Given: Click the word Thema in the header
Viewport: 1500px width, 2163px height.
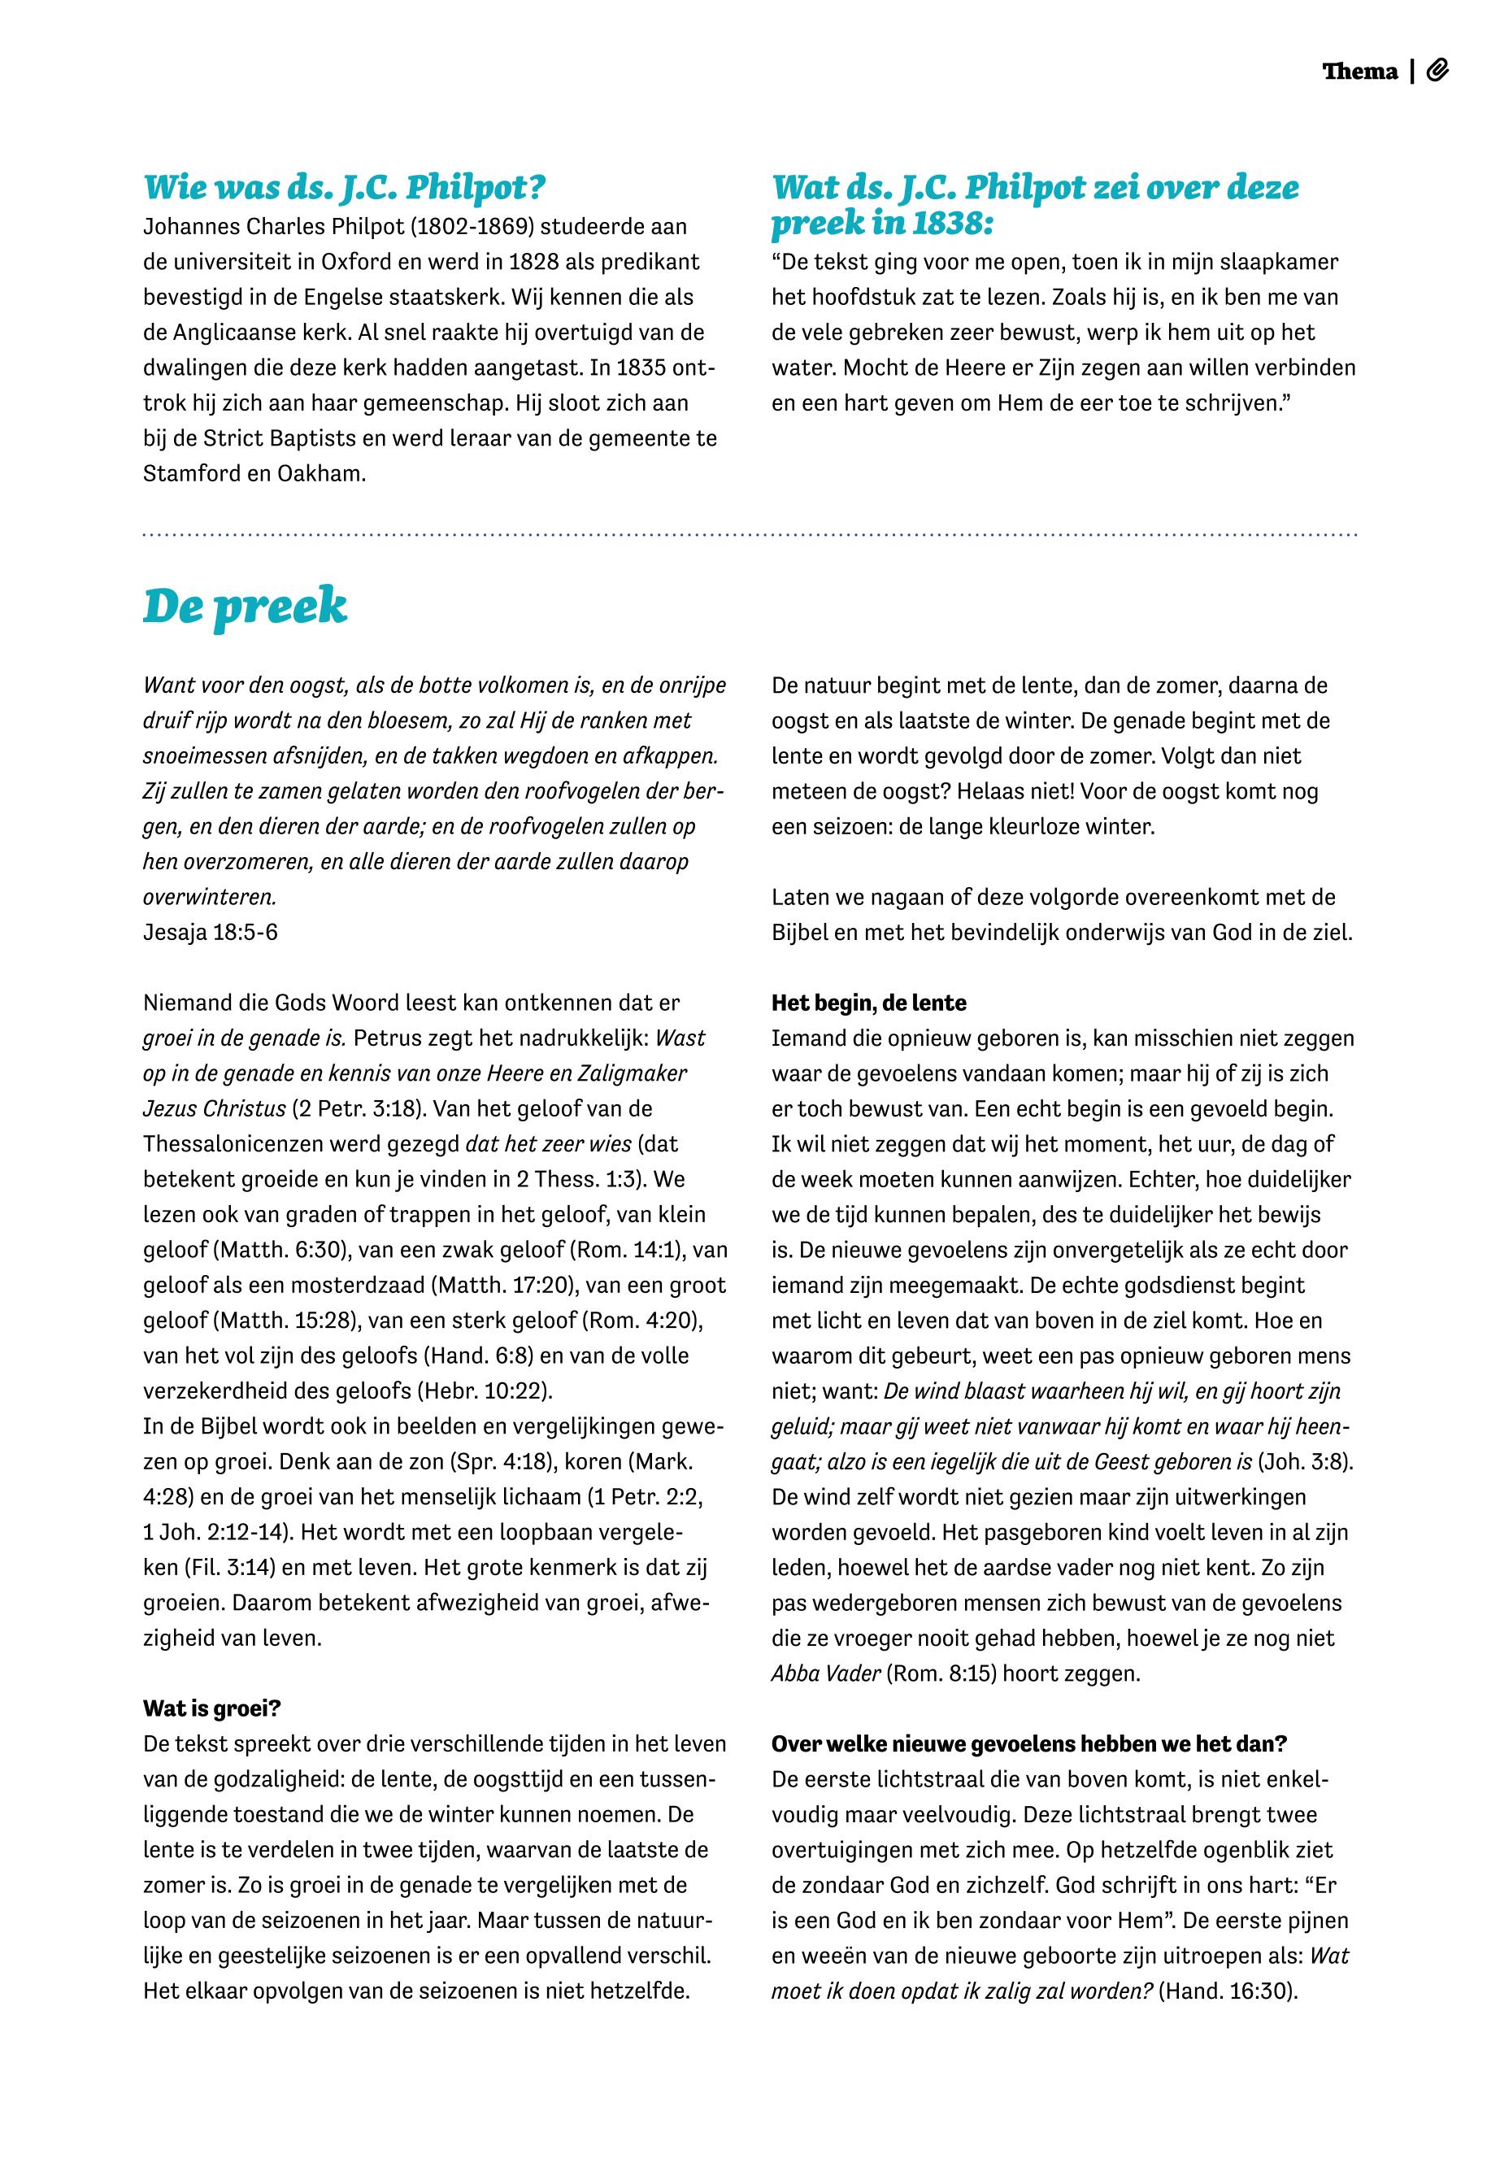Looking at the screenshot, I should tap(1359, 72).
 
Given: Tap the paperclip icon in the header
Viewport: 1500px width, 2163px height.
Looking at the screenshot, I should tap(1437, 71).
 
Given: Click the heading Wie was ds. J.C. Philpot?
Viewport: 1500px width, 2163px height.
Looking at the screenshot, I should tap(344, 187).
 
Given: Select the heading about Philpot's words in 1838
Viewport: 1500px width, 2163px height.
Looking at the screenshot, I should tap(1035, 205).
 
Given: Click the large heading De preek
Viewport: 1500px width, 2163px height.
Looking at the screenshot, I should tap(246, 607).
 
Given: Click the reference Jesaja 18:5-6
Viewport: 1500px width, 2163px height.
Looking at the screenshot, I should tap(211, 932).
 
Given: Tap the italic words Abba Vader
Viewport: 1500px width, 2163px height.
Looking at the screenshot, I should tap(825, 1673).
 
